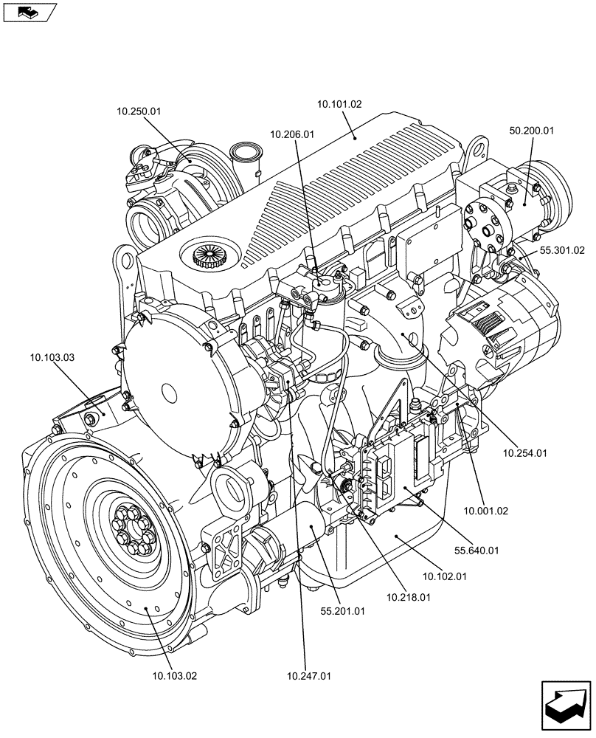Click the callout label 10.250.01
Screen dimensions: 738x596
(138, 111)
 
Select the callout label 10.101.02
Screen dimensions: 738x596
(339, 105)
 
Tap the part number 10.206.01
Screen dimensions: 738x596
(292, 134)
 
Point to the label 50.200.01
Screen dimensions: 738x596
(531, 131)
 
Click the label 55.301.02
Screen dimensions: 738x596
(561, 251)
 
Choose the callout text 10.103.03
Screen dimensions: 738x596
(52, 356)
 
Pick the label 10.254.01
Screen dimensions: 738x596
(524, 453)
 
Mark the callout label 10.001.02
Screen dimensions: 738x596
(486, 510)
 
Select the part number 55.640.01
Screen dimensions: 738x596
(477, 550)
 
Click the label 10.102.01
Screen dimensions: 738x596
(445, 576)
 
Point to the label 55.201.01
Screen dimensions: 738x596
(342, 611)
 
